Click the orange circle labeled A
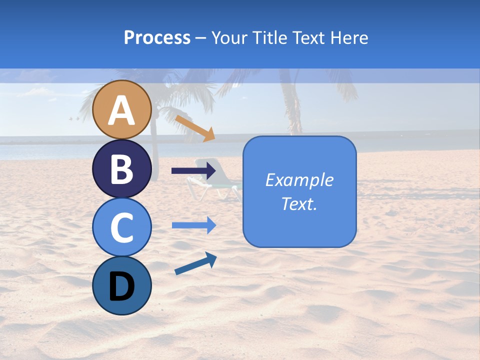122,109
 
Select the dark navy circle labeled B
122,168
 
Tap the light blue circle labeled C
122,227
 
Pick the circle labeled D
122,285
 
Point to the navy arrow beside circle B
193,171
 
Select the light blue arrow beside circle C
193,225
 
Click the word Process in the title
157,37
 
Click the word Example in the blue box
299,180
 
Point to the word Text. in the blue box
299,203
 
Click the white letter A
122,110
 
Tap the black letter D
122,286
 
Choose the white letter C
122,228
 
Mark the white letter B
122,169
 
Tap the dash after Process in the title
200,38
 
